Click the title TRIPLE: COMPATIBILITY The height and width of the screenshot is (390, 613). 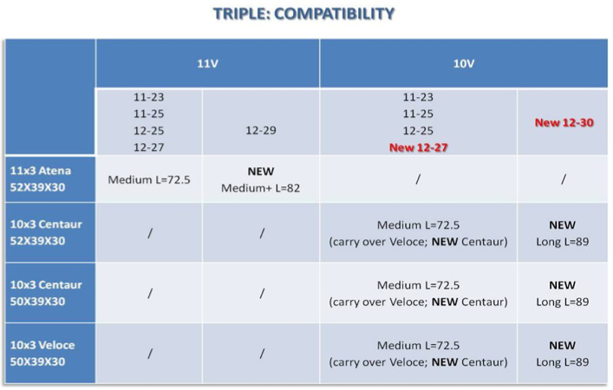coord(303,14)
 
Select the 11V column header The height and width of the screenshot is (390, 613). coord(207,63)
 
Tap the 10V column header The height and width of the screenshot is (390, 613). coord(464,63)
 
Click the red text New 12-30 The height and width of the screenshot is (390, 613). coord(564,123)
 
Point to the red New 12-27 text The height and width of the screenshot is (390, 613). coord(418,147)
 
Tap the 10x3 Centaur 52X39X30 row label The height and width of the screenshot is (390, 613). coord(46,232)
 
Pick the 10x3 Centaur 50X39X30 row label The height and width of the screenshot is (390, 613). coord(46,293)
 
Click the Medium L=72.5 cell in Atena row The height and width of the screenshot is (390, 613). coord(149,179)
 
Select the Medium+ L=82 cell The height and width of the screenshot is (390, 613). coord(261,188)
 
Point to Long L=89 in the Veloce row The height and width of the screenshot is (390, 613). coord(562,362)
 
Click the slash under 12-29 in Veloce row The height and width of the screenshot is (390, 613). coord(262,354)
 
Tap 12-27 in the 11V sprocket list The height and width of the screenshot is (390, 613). coord(148,147)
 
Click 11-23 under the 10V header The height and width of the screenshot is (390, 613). coord(418,97)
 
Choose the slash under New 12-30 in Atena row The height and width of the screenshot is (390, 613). coord(563,179)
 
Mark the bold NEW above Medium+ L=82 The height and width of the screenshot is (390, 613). coord(261,171)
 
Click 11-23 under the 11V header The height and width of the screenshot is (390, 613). coord(148,97)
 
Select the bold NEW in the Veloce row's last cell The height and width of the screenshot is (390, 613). coord(562,346)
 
